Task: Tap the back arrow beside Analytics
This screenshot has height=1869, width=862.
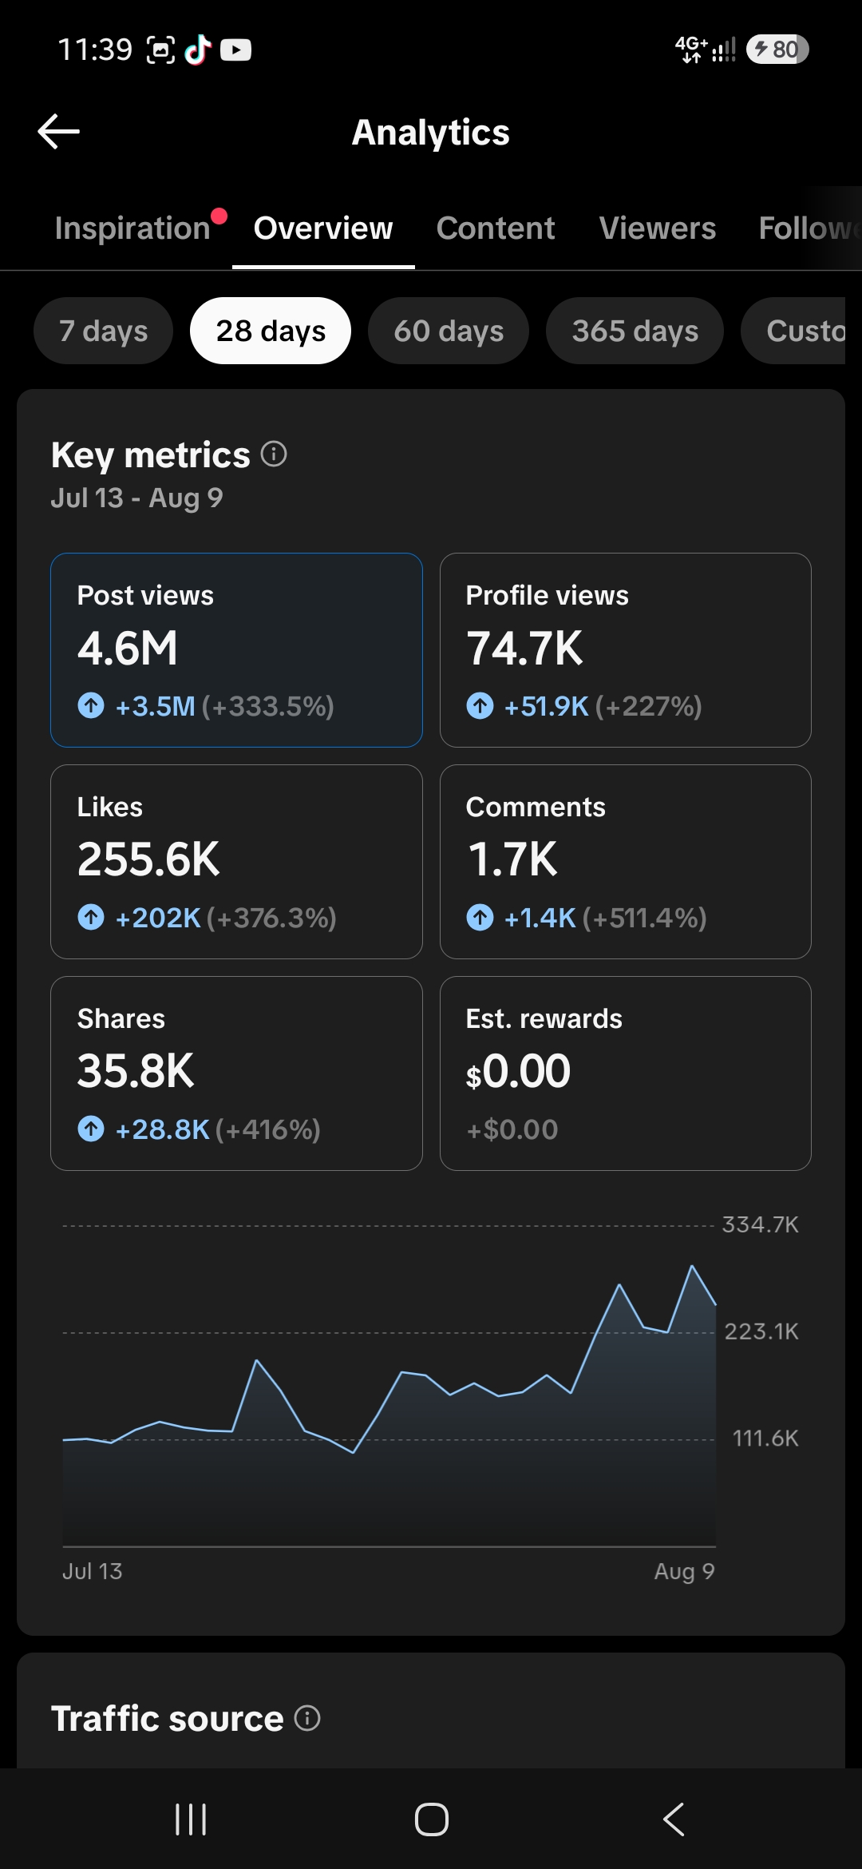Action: coord(58,131)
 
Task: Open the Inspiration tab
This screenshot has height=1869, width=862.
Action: coord(132,228)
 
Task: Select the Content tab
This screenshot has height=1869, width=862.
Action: coord(496,228)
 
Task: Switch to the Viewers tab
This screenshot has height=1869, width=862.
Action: coord(658,228)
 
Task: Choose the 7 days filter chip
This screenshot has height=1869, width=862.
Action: coord(103,331)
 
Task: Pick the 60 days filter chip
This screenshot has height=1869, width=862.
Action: coord(449,331)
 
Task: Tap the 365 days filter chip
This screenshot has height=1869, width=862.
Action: coord(635,331)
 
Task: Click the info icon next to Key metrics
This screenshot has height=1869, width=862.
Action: coord(274,454)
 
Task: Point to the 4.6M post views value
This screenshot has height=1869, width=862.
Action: coord(128,648)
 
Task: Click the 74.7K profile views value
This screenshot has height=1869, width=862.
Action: coord(525,648)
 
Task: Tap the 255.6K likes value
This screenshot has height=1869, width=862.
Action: coord(148,859)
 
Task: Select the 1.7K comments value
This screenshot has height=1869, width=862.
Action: coord(512,859)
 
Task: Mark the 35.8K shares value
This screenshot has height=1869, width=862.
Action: coord(136,1071)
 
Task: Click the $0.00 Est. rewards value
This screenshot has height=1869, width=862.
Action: coord(519,1071)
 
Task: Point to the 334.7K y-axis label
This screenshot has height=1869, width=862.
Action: coord(761,1225)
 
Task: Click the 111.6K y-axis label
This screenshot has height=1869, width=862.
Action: coord(765,1438)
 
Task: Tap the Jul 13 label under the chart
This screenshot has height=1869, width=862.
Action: coord(93,1571)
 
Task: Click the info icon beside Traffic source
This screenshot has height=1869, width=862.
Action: coord(307,1717)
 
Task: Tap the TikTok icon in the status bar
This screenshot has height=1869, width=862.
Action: coord(198,50)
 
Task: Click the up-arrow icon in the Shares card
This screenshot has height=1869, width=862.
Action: coord(91,1129)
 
